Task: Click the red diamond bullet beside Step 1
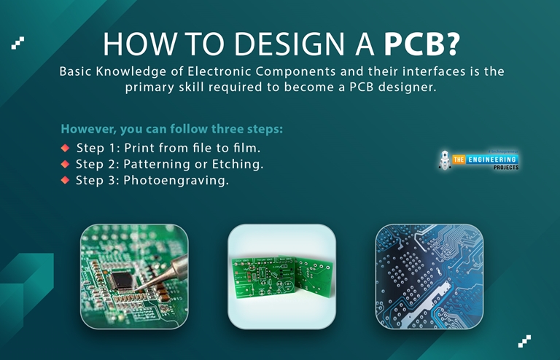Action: (65, 148)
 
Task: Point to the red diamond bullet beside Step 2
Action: (65, 164)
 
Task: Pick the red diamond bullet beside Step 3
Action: (65, 180)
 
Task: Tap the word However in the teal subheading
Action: (90, 129)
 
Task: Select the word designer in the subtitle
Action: (412, 87)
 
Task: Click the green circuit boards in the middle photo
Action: (281, 275)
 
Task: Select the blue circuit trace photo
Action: (429, 276)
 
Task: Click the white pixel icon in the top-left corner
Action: (18, 42)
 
